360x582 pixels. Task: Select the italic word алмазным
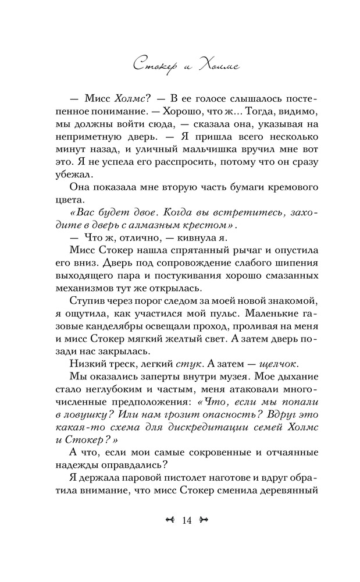tap(158, 225)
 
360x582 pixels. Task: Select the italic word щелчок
tap(272, 365)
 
